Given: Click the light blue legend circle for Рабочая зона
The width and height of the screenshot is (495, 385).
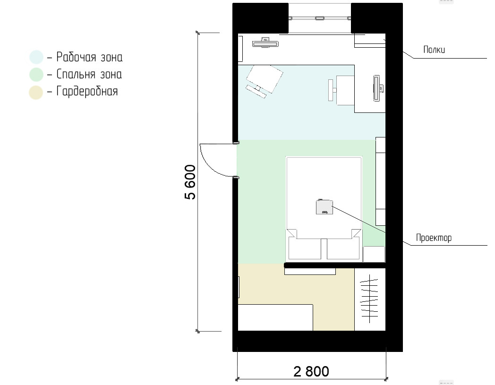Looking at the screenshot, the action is click(36, 57).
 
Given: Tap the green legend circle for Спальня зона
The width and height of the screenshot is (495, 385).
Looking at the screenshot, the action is click(36, 75).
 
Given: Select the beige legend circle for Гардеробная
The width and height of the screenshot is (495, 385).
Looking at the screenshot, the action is click(36, 92).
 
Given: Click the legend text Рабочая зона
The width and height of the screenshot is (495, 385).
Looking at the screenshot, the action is click(89, 57).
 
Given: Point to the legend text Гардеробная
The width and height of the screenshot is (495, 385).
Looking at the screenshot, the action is click(87, 92).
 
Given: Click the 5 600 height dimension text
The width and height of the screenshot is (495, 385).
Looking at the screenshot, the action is click(190, 182).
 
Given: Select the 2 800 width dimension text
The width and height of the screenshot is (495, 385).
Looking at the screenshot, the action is click(311, 371).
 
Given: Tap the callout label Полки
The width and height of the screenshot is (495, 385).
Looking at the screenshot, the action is click(434, 50).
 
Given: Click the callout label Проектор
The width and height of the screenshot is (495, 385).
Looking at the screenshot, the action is click(434, 238).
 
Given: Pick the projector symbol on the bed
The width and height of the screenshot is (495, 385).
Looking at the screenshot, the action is click(324, 207).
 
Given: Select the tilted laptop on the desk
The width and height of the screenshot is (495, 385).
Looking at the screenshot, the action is click(265, 79).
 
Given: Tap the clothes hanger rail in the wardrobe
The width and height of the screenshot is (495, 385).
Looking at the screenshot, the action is click(369, 299).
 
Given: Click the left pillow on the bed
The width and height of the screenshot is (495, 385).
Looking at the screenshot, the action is click(305, 248).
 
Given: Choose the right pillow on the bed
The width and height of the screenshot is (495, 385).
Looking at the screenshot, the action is click(343, 248).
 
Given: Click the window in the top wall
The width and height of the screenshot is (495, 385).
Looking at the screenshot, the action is click(319, 18).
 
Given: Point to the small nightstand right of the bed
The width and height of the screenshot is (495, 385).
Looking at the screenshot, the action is click(374, 254).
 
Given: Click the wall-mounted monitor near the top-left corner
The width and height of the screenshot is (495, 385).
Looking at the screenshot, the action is click(265, 43).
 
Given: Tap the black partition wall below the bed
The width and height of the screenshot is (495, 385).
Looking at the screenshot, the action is click(334, 265).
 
